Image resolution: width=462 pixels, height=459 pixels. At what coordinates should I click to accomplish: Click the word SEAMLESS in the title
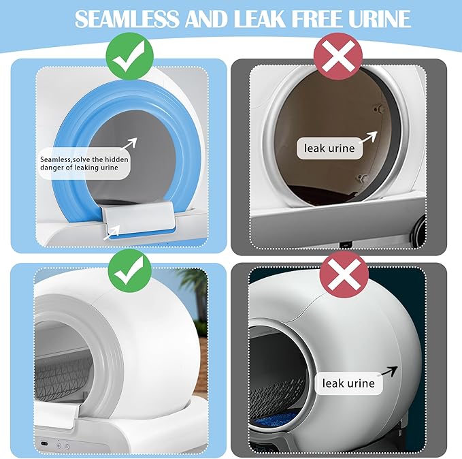click(127, 18)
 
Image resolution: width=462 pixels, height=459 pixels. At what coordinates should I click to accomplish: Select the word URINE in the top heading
click(377, 18)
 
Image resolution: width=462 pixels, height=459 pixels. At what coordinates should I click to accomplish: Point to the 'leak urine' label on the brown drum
click(329, 148)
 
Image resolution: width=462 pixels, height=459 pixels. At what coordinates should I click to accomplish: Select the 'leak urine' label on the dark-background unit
click(348, 383)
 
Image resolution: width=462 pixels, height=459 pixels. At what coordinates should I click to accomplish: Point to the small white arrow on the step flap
click(114, 232)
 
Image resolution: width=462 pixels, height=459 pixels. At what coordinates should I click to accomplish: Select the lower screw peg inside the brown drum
click(362, 178)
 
